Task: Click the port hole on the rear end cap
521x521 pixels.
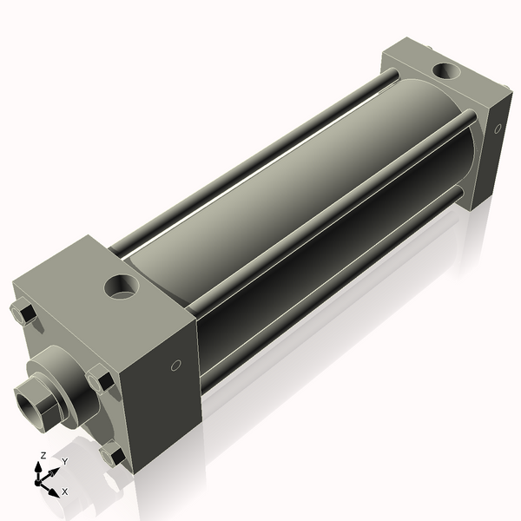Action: click(449, 70)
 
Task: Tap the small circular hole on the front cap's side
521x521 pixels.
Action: click(176, 366)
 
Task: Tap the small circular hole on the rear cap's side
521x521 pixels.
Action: click(498, 129)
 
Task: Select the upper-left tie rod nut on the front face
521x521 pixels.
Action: click(24, 313)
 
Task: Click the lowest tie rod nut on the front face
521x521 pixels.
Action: click(113, 454)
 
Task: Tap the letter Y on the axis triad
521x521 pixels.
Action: click(64, 461)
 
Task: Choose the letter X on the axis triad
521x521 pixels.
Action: click(65, 491)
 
